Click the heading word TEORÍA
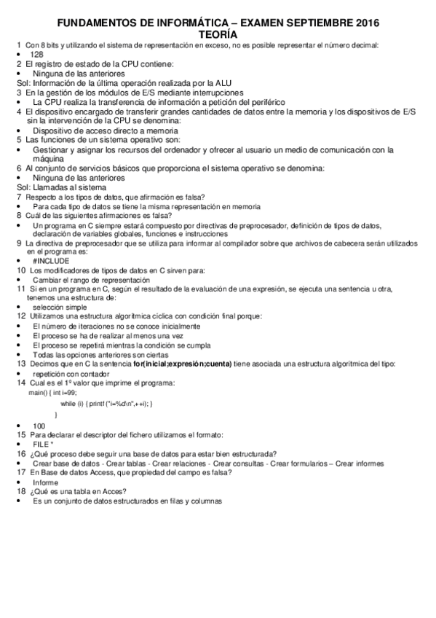[218, 34]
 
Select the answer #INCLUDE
[50, 260]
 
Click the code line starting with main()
[57, 393]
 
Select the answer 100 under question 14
[39, 426]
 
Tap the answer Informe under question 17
[45, 482]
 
